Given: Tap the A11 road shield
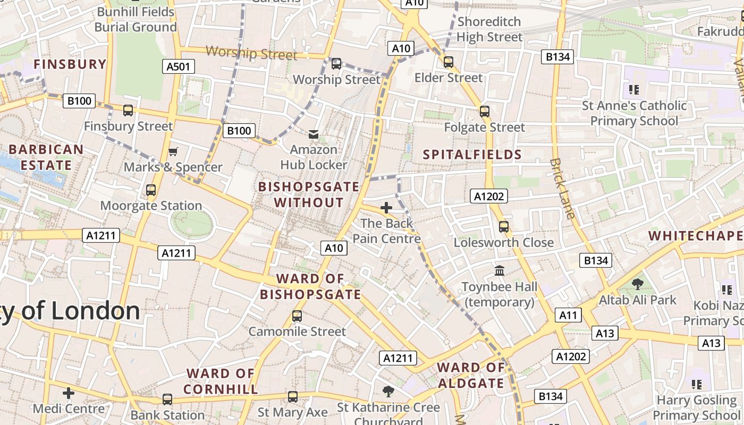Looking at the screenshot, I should [568, 315].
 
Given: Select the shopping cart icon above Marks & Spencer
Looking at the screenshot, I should [173, 152].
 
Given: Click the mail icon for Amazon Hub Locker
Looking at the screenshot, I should [314, 134].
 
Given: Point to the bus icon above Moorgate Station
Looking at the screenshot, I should [151, 190].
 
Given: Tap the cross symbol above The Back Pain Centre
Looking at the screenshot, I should [386, 208].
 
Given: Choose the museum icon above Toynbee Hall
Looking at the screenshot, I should [500, 271].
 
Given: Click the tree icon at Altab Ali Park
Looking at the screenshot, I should [637, 284].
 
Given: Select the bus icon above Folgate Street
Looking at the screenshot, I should [484, 112].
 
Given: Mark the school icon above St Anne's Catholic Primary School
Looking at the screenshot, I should [633, 90].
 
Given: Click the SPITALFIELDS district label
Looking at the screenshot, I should [472, 155].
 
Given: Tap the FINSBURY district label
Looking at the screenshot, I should [70, 64].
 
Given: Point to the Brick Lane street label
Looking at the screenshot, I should [562, 188].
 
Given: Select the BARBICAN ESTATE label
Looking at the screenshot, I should [46, 157].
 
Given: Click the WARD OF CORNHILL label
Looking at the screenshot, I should [221, 381].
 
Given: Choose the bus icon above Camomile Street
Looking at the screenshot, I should [297, 316].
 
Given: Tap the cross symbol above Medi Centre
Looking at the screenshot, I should [69, 393].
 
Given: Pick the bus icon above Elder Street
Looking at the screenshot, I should [449, 62].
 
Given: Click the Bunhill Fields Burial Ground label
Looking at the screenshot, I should [136, 20].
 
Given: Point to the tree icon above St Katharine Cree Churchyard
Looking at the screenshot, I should [388, 392].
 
